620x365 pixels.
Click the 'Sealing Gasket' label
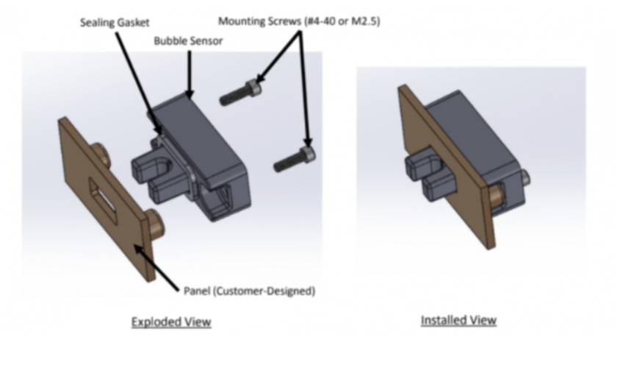click(114, 23)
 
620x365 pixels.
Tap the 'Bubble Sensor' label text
click(187, 41)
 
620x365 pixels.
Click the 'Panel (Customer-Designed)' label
click(249, 291)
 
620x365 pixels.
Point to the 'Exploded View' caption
click(171, 322)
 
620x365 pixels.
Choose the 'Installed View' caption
click(458, 320)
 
